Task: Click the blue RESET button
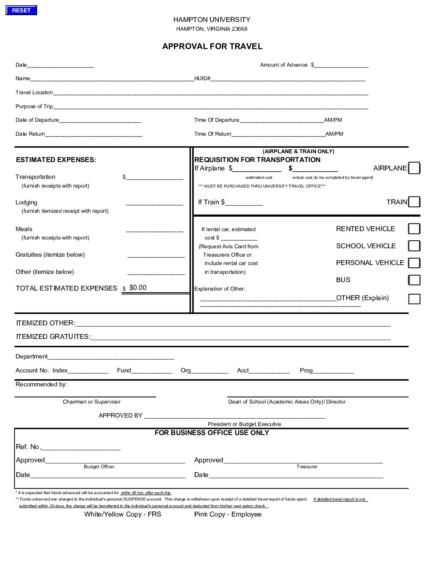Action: click(x=21, y=11)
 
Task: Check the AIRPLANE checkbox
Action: click(x=414, y=168)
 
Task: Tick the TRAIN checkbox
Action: click(x=414, y=202)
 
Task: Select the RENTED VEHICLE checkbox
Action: click(x=414, y=229)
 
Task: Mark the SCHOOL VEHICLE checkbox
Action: click(x=414, y=246)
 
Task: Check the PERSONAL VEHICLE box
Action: click(x=414, y=263)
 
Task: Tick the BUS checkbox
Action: click(x=414, y=280)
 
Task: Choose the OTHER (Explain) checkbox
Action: click(x=414, y=299)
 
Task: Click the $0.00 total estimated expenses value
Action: click(x=138, y=288)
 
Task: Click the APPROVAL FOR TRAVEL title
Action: click(x=212, y=46)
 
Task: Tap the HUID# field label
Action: click(x=202, y=79)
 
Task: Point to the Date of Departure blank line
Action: click(x=100, y=121)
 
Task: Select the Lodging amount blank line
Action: click(x=154, y=203)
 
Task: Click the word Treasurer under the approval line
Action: click(x=307, y=467)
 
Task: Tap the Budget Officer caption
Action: click(x=99, y=467)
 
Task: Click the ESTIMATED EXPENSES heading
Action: click(x=56, y=160)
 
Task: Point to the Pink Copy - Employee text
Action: click(x=228, y=514)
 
